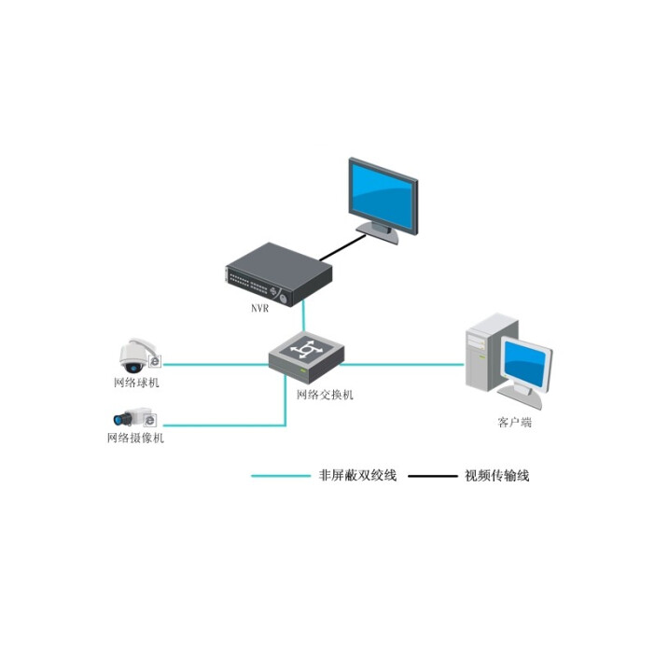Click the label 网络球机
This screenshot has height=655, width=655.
pos(136,383)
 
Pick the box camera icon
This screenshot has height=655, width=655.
pos(129,418)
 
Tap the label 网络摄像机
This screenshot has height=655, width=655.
pos(135,439)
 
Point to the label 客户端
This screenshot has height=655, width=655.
pos(514,423)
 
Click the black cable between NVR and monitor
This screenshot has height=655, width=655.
pos(340,247)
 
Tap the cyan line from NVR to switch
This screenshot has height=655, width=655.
pos(303,317)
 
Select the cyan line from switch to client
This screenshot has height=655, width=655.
pos(401,364)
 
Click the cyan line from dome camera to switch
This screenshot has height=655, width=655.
pos(215,364)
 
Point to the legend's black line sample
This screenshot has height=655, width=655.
pos(431,476)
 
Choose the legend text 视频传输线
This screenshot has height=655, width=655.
pos(497,476)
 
